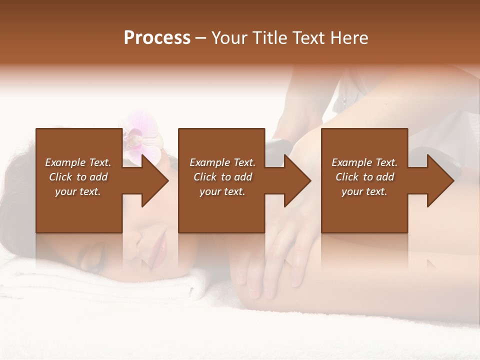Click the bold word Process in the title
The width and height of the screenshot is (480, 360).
[x=157, y=38]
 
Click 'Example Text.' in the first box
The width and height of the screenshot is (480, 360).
[x=78, y=162]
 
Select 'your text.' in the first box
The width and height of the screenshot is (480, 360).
[x=78, y=191]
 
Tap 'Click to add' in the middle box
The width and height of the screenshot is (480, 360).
[x=222, y=177]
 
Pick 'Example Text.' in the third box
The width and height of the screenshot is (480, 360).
[x=364, y=162]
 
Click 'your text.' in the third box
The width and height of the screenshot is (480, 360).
[x=364, y=191]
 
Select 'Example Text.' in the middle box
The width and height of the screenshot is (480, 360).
[x=222, y=162]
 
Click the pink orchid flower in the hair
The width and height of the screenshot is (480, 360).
[x=141, y=135]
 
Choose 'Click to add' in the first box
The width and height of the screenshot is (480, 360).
[x=78, y=177]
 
